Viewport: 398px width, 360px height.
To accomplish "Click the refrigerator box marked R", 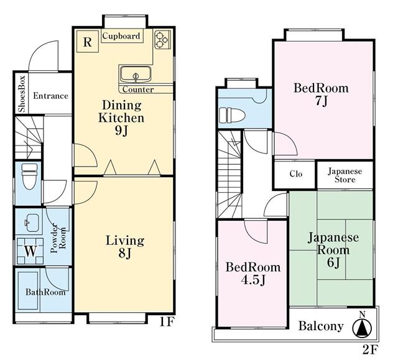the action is click(x=88, y=42).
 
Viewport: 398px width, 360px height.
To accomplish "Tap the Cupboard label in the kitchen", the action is click(x=121, y=36).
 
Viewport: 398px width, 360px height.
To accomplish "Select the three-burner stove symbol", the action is click(x=162, y=40).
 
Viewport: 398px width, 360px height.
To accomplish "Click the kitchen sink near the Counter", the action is click(x=136, y=75).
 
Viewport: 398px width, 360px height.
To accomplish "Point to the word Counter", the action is click(x=138, y=90).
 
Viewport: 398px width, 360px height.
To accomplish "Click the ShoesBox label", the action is click(x=22, y=93).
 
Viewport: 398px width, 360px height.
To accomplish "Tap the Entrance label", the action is click(x=50, y=96).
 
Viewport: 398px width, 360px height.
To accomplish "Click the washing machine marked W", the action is click(x=30, y=251).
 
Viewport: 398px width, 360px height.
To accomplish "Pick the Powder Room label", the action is click(x=58, y=238).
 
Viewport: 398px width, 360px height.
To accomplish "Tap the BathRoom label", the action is click(x=45, y=292).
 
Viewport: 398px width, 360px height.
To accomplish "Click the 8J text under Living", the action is click(x=124, y=253).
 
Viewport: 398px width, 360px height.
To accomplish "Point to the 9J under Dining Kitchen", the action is click(x=121, y=131).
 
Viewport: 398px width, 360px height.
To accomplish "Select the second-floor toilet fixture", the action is click(x=232, y=116).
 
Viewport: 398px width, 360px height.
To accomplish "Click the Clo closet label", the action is click(x=296, y=174).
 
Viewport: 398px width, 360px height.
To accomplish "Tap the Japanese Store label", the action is click(x=345, y=175).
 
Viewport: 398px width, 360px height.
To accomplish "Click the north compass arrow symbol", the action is click(x=362, y=328).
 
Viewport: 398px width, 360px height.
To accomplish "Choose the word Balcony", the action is click(x=321, y=326).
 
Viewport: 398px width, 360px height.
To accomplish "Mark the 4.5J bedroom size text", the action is click(x=253, y=280).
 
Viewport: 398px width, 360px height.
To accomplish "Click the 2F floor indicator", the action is click(x=371, y=350).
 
